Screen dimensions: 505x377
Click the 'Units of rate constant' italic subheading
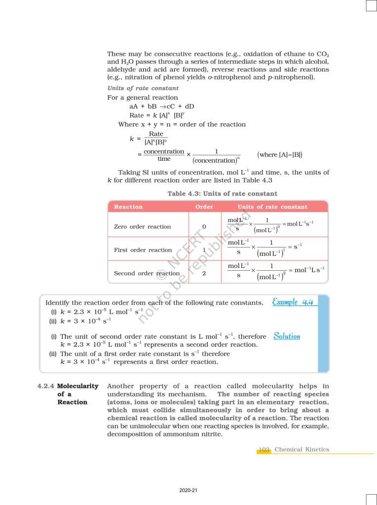136,88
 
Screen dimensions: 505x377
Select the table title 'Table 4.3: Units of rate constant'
222,194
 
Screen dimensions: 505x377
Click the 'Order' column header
204,207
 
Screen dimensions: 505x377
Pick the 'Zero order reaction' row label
142,227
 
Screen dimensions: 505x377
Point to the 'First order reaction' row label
143,250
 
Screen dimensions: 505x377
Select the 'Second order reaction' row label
147,273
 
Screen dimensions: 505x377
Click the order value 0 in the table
204,227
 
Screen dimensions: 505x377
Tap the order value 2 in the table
204,273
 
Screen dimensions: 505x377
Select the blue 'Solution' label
287,336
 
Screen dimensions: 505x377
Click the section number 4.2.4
46,386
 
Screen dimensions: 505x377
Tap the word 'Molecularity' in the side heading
78,386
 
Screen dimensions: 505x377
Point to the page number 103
264,450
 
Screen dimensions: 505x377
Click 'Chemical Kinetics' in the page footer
302,450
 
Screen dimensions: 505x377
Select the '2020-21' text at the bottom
188,490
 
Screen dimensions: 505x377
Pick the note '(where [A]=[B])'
280,155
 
